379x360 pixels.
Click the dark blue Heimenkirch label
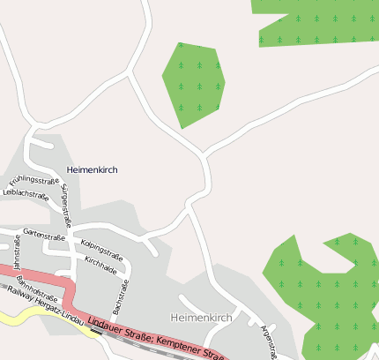[93, 169]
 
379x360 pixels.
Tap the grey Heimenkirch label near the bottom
[199, 316]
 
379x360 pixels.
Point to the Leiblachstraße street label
[26, 195]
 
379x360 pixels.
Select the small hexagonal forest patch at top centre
[195, 83]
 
